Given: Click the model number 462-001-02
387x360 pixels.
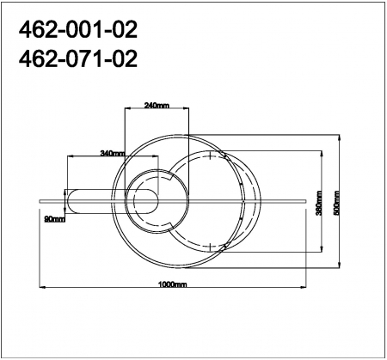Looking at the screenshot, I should point(78,32).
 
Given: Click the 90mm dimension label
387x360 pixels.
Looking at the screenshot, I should point(54,219).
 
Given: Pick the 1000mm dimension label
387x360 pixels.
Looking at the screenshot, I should point(173,284).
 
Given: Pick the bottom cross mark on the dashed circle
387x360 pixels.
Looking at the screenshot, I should point(210,248).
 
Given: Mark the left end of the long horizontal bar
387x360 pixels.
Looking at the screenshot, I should point(39,201).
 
